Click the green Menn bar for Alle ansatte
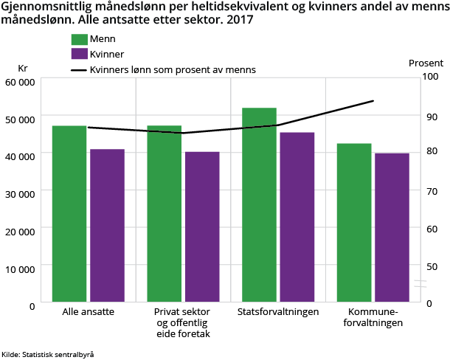(x=69, y=213)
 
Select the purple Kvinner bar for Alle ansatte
(x=107, y=225)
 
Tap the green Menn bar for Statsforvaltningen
(x=259, y=204)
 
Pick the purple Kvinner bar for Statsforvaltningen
(x=297, y=217)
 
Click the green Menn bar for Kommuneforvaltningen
(x=354, y=222)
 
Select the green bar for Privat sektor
(x=165, y=213)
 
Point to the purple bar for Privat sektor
(x=202, y=226)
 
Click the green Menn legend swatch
(x=80, y=39)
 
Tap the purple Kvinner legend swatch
(x=80, y=55)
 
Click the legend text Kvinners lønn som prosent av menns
(x=173, y=70)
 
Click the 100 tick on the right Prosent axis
(x=431, y=77)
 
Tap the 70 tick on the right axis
(x=431, y=190)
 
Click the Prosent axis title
(x=426, y=63)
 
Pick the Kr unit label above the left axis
(x=23, y=68)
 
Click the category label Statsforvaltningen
(x=277, y=312)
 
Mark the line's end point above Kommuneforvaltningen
(x=373, y=100)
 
